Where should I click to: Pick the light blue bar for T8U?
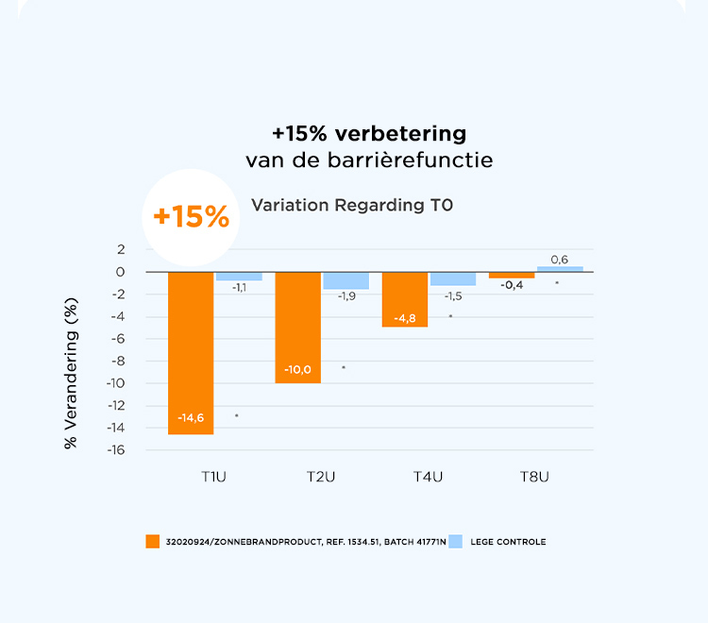pos(560,269)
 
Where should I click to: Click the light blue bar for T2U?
pos(346,280)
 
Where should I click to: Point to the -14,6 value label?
pos(191,417)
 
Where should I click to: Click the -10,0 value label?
pos(297,369)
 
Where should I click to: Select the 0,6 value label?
pos(560,260)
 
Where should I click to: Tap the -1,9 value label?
pos(346,295)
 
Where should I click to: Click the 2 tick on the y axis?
pos(121,249)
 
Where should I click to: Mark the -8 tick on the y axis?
pos(117,361)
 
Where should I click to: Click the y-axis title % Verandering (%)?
pos(72,373)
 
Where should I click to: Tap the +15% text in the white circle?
pos(191,217)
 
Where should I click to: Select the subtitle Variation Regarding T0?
pos(352,205)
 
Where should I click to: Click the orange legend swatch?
pos(153,542)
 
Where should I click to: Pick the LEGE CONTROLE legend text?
pos(508,542)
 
